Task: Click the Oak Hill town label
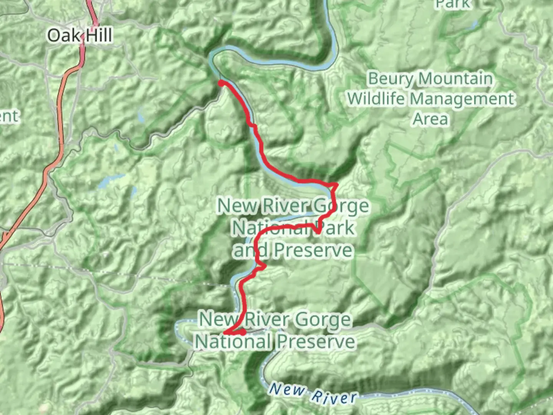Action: point(80,35)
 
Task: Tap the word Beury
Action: point(390,79)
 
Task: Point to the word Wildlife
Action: point(376,99)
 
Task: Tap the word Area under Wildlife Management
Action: point(430,119)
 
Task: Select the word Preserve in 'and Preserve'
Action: point(313,250)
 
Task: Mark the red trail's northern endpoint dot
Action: point(221,83)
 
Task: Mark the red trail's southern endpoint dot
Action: point(243,332)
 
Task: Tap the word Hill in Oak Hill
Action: point(98,35)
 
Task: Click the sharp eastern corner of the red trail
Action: point(337,185)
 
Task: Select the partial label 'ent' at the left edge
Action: point(8,116)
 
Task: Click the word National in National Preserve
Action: point(233,341)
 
